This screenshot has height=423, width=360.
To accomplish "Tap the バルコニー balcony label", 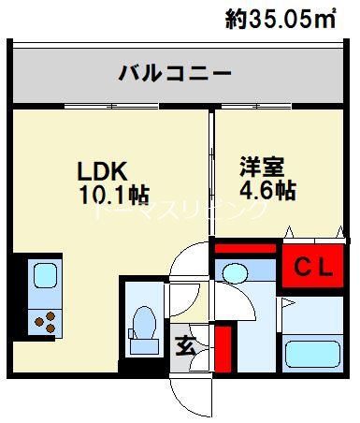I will click(174, 73).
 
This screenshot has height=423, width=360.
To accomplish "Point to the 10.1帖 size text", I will click(114, 195).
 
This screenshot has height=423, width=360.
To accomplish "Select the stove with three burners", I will click(44, 321).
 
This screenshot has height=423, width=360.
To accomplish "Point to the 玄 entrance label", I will click(185, 344).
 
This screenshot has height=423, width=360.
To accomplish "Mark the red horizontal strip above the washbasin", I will click(246, 249).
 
